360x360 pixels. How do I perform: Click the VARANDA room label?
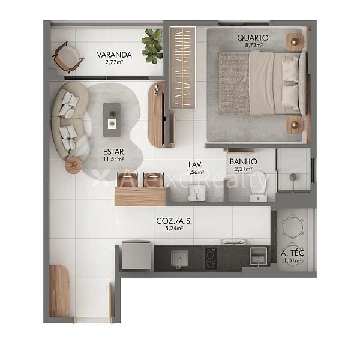114,55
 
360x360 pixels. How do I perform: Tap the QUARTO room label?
253,38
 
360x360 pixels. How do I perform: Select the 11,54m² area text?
113,159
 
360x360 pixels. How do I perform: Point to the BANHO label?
244,161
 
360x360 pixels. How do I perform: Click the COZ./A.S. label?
174,221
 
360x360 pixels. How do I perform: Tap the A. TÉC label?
293,253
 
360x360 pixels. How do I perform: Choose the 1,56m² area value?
196,172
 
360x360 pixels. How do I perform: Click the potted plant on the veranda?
152,46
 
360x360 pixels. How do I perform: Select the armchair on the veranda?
68,57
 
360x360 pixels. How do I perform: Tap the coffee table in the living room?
112,120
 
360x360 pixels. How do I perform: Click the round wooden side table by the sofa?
73,165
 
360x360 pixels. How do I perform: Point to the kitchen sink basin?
180,259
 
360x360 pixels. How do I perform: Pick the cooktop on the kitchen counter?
211,259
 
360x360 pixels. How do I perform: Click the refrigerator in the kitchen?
136,255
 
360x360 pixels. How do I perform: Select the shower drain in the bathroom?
293,177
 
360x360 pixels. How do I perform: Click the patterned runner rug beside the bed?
182,68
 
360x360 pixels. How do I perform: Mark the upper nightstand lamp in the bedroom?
295,42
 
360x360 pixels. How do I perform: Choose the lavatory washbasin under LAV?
197,193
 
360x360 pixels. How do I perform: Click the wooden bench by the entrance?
59,291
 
